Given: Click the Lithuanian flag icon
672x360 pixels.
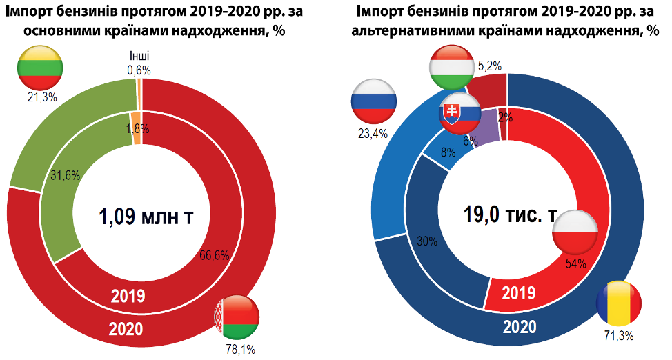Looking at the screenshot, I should tap(40, 67).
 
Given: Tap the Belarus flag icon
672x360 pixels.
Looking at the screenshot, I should tap(237, 317).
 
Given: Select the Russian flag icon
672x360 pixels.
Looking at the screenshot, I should tap(374, 102).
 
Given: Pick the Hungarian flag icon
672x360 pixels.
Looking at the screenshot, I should tap(451, 66).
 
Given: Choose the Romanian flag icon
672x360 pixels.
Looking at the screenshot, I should tap(619, 304).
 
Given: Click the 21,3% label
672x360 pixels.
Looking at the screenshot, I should tap(42, 97).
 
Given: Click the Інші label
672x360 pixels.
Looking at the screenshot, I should tap(139, 56).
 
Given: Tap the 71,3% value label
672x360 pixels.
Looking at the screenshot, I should tap(619, 336).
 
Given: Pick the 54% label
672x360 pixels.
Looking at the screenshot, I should tap(575, 263).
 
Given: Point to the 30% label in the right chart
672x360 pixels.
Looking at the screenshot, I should tap(427, 241).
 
